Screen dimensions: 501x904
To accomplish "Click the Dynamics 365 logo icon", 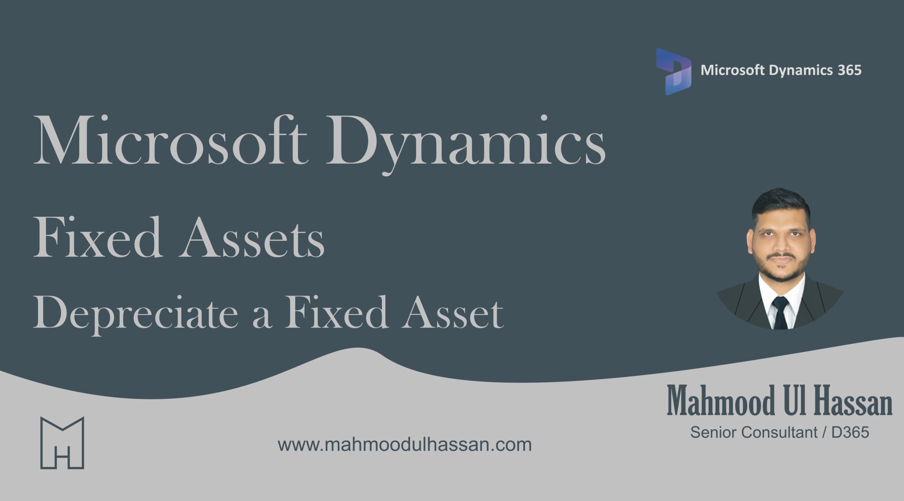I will (673, 71).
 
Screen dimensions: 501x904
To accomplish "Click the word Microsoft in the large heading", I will (169, 141).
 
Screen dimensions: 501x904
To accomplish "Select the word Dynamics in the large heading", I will (465, 143).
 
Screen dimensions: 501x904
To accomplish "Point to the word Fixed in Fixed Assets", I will (97, 238).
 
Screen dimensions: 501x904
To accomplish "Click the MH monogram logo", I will (62, 443).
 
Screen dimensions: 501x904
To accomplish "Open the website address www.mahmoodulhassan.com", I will (404, 445).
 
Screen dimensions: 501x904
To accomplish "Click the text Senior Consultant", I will (754, 432).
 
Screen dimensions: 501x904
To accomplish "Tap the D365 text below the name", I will (850, 432).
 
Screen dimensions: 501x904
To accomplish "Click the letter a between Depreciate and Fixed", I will (262, 316).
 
